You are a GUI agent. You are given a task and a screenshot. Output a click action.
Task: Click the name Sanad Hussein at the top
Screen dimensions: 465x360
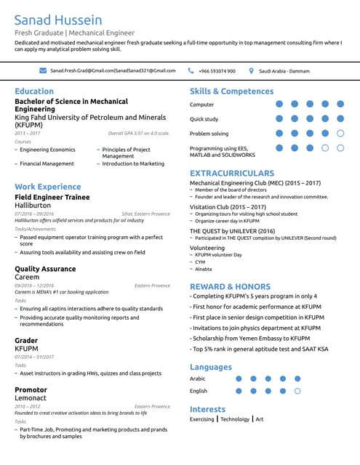point(58,20)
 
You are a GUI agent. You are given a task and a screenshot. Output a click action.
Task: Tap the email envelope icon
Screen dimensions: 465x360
point(43,70)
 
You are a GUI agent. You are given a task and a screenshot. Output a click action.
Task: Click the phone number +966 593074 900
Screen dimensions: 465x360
point(217,70)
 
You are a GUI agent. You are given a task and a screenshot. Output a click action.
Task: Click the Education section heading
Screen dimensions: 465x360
point(34,92)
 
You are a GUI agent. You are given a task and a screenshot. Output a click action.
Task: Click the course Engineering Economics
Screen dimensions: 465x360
point(47,150)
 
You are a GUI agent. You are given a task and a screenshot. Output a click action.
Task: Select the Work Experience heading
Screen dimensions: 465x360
point(48,187)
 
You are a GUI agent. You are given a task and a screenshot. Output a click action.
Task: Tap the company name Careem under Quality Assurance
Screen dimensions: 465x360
point(27,278)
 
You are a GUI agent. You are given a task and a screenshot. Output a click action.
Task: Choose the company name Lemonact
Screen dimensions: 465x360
point(31,398)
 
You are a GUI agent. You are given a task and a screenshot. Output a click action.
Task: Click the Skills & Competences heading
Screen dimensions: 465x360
point(231,92)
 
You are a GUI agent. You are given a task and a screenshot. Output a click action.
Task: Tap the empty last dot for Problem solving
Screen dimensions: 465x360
point(340,134)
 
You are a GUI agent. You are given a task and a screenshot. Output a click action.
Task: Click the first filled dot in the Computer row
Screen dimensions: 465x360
point(279,105)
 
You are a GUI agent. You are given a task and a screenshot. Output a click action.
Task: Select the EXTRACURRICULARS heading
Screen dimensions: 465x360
point(232,174)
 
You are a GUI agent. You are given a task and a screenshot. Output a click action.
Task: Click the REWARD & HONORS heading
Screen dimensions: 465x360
point(230,287)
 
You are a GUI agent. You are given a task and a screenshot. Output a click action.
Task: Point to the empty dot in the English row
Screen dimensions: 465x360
point(297,391)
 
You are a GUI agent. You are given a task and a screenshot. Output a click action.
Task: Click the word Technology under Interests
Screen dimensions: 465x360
point(235,419)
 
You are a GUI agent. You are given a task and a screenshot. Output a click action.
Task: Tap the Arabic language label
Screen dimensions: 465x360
point(198,379)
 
